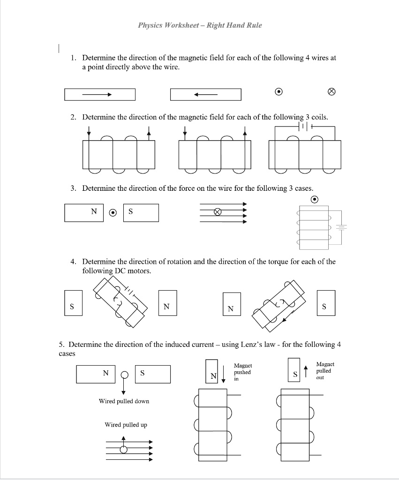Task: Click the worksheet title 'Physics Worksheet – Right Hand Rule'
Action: (x=200, y=25)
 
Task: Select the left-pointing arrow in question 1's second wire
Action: (x=206, y=95)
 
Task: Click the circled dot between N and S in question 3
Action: (x=113, y=212)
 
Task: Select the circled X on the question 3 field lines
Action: (x=217, y=211)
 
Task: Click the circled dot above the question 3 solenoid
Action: (x=315, y=200)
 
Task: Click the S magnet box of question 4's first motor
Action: (x=72, y=307)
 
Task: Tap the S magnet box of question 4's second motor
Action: (x=325, y=307)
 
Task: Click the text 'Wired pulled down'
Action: (x=124, y=401)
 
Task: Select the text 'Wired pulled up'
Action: (x=126, y=425)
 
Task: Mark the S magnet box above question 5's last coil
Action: (x=295, y=375)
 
